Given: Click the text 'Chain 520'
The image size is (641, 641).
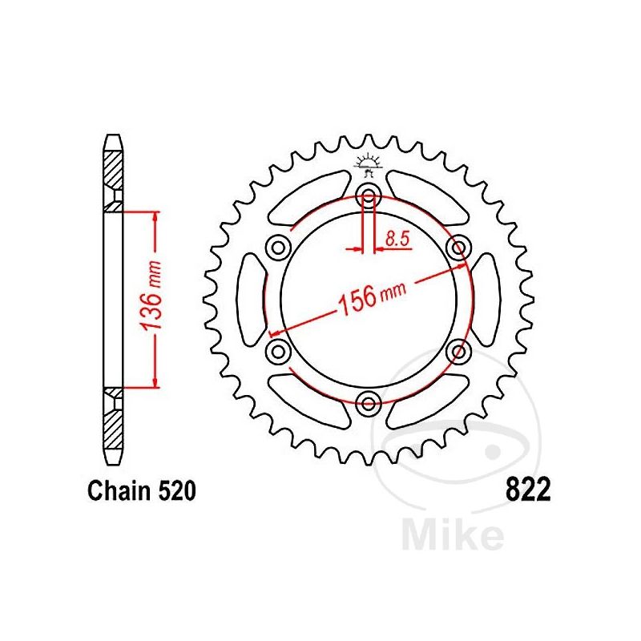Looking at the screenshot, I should pos(141,491).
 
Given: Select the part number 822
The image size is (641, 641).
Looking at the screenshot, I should pos(528,490).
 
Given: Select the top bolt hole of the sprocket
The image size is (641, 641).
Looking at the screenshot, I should pos(369,195).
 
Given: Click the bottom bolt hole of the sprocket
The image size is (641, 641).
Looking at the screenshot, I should pos(369,402).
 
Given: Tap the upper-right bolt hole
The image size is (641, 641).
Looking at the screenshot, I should pos(459,248).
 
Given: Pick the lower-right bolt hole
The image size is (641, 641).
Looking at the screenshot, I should pos(459,350).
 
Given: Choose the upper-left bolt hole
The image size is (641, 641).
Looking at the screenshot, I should pos(279,248).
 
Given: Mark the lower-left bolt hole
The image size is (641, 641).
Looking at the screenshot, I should pos(279,350).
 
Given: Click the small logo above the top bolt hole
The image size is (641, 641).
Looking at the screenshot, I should pos(369,165).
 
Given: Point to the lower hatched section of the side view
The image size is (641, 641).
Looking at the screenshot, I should pos(114,421).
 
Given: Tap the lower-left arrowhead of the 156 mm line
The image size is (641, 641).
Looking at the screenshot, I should pos(277,331).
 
